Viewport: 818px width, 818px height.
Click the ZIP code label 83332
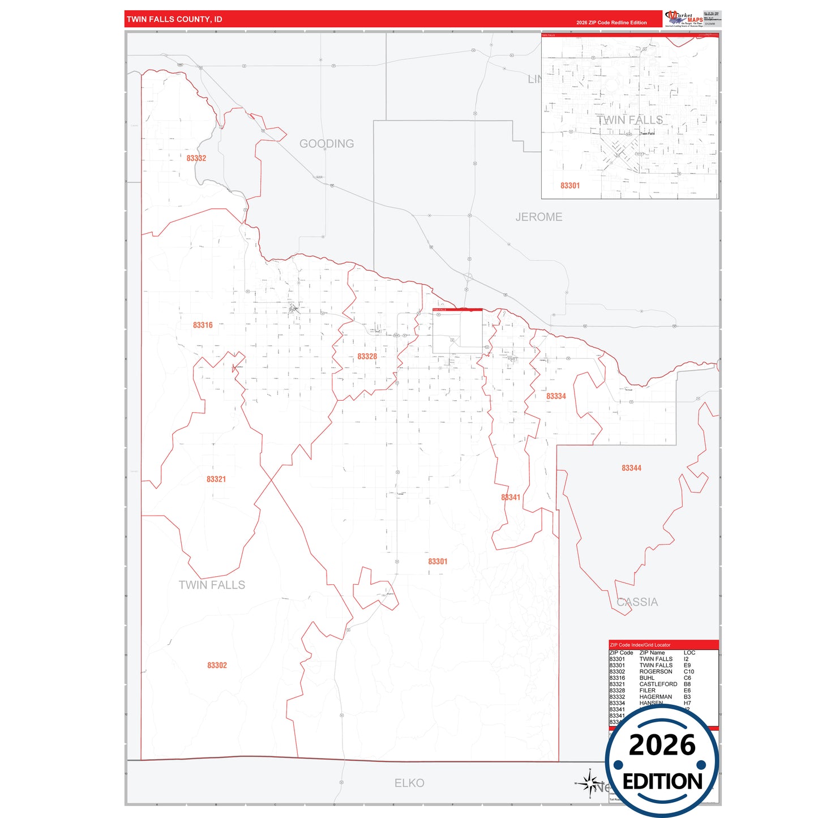point(196,159)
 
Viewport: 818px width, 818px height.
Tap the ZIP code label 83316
point(203,326)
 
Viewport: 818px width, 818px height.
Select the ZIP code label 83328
point(367,357)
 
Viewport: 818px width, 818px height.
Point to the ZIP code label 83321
point(216,479)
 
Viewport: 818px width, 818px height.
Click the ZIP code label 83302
point(217,666)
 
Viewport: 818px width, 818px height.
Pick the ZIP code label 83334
point(556,397)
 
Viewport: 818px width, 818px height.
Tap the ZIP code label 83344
point(631,468)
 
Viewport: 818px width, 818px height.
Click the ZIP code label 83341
point(511,498)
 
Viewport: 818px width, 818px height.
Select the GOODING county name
point(327,144)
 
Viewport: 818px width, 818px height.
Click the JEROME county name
point(539,217)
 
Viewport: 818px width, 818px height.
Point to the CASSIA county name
point(637,602)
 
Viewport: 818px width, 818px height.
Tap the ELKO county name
point(409,783)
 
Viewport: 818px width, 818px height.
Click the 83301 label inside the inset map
point(570,186)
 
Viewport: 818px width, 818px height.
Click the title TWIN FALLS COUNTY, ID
point(174,19)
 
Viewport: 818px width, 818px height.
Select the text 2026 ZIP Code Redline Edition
point(611,23)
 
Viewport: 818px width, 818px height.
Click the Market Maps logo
point(684,19)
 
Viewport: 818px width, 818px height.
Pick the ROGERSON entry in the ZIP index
point(656,672)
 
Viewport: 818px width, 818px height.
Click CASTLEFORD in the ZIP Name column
point(658,684)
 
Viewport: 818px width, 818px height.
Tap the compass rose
point(589,784)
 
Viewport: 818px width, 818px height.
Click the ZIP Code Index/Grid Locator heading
point(640,645)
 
